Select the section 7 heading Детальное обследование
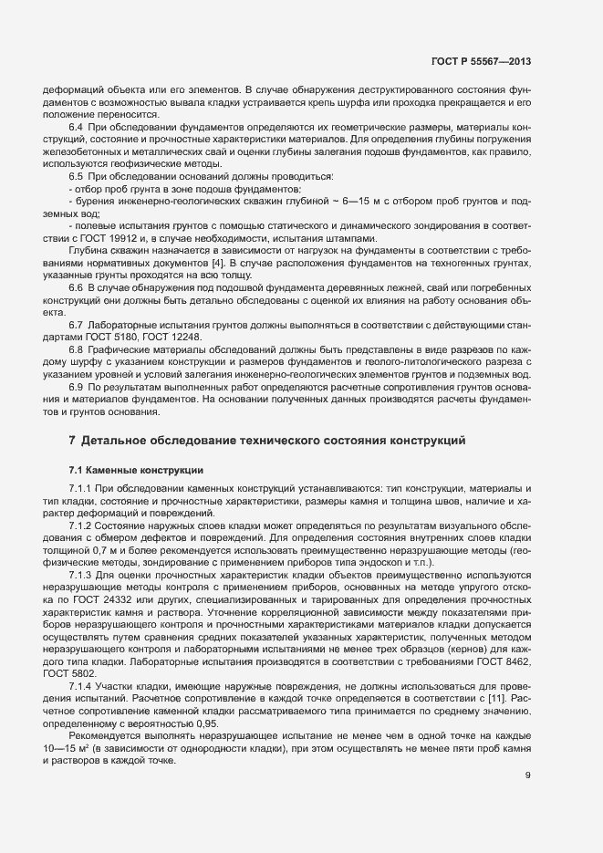(x=268, y=441)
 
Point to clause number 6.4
(x=77, y=126)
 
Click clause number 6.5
(x=77, y=174)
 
